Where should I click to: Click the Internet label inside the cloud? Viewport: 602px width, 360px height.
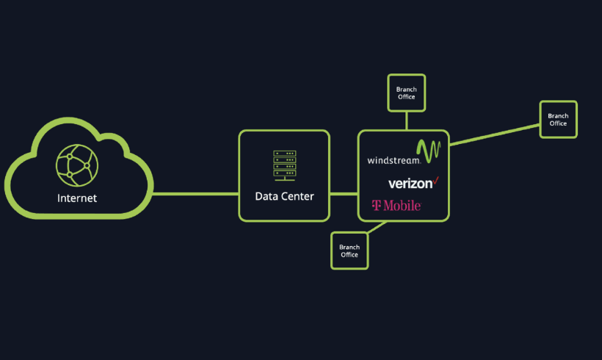[77, 198]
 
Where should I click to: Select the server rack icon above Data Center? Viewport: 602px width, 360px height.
[284, 165]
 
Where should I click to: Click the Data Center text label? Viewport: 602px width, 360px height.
[284, 196]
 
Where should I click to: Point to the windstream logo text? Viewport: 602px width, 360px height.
[394, 159]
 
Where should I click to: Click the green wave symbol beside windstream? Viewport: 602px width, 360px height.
[429, 150]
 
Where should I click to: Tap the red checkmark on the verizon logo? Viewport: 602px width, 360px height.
[435, 179]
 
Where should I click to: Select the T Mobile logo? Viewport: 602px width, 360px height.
[396, 205]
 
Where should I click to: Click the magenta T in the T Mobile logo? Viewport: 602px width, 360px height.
[376, 206]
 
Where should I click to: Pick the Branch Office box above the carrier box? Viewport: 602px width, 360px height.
[406, 93]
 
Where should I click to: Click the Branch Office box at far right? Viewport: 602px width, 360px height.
[558, 119]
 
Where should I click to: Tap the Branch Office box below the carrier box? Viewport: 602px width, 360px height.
[349, 251]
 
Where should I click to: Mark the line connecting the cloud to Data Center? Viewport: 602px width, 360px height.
[196, 194]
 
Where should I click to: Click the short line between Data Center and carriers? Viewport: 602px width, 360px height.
[344, 194]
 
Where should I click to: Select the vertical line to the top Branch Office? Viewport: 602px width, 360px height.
[406, 120]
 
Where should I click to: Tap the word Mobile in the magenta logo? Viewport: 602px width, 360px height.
[402, 205]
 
